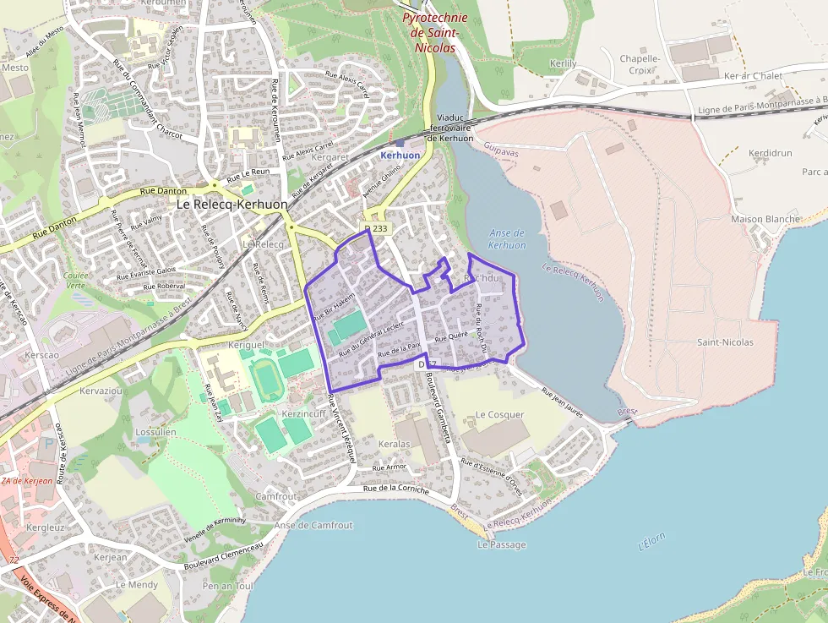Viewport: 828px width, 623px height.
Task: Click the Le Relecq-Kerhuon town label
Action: coord(232,205)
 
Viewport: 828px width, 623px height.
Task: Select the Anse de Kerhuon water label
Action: coord(507,239)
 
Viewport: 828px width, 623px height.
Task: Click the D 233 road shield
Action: coord(378,228)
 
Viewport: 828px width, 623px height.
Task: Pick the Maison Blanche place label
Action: coord(765,219)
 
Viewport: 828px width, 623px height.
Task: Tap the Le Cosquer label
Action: coord(499,415)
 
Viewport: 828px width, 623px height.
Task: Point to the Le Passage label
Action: coord(501,545)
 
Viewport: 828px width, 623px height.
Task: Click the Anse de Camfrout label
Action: coord(313,526)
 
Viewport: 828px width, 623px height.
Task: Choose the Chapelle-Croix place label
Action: coord(640,65)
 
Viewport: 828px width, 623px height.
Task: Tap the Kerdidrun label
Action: coord(770,153)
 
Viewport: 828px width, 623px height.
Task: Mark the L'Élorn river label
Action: coord(652,543)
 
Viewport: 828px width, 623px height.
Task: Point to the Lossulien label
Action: coord(155,432)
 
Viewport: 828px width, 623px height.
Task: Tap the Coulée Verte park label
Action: coord(75,281)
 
